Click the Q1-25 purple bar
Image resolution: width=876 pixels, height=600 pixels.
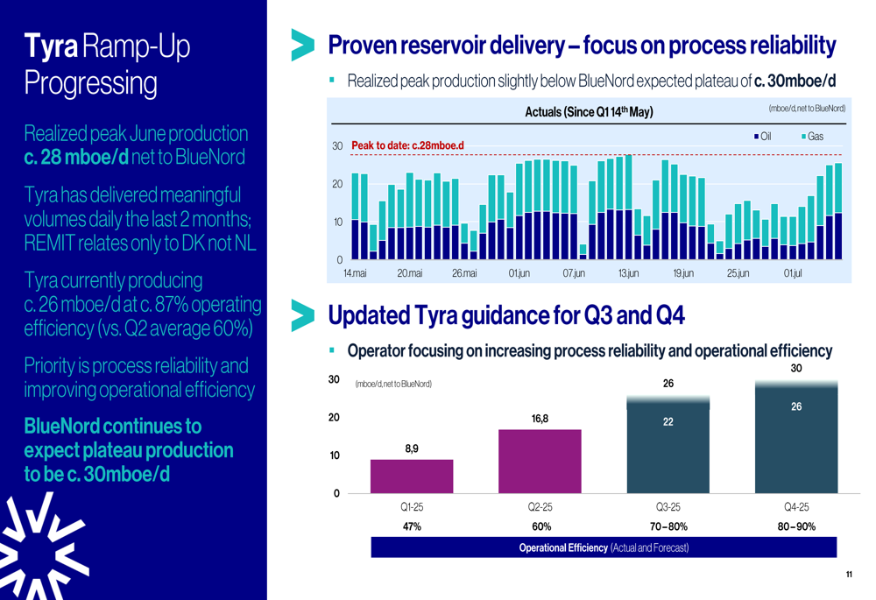coord(412,476)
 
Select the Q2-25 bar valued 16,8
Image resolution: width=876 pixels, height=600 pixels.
coord(540,461)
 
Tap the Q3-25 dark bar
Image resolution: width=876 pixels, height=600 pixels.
coord(668,447)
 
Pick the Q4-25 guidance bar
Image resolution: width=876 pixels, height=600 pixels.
coord(796,438)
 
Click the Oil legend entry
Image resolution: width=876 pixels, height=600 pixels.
coord(762,137)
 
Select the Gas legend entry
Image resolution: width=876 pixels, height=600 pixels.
coord(812,137)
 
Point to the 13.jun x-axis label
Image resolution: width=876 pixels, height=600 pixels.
coord(628,274)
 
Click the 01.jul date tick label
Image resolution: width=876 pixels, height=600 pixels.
coord(793,274)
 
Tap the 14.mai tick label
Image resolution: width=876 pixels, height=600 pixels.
coord(354,274)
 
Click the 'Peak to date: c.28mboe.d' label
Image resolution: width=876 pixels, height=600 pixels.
coord(406,145)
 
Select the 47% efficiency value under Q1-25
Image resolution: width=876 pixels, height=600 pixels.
coord(412,526)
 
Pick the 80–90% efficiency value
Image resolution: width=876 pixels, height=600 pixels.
coord(796,526)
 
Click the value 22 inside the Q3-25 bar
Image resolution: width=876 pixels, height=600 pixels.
coord(668,421)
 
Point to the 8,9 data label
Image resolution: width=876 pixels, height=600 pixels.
coord(412,448)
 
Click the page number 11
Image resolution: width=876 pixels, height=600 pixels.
coord(849,575)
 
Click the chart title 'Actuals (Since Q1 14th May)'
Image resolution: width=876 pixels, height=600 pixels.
coord(589,112)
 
